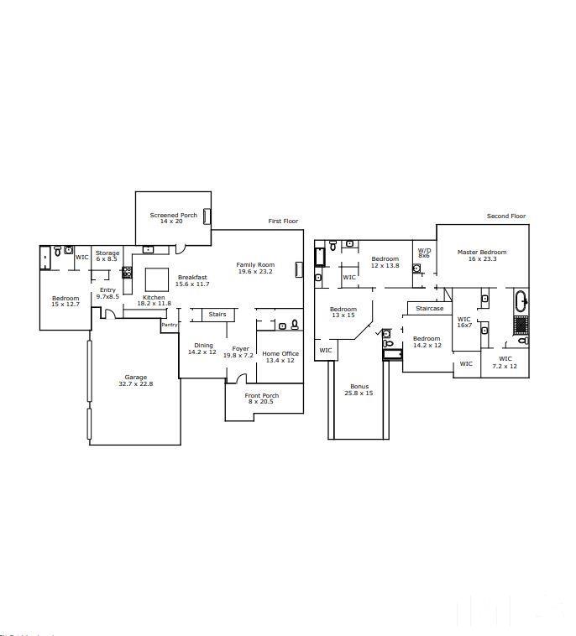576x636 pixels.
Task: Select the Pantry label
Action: click(x=170, y=325)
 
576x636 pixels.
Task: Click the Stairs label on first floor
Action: click(x=217, y=315)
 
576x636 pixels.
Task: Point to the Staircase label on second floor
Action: click(x=429, y=309)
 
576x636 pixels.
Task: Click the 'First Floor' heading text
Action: click(x=283, y=222)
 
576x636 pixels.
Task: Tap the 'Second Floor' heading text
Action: click(x=506, y=216)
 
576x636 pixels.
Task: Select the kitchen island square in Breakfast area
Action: click(x=157, y=279)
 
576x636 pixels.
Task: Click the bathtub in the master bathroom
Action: click(x=521, y=300)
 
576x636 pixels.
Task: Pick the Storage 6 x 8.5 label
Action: click(x=107, y=256)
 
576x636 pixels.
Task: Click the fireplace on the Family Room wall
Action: click(x=298, y=268)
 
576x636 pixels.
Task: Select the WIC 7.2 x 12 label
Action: click(x=505, y=362)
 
